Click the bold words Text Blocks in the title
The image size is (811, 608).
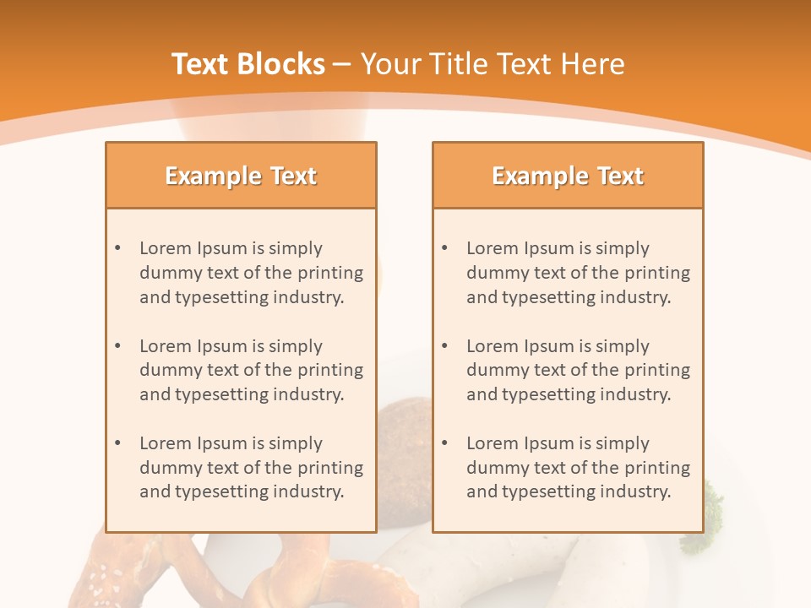[x=248, y=64]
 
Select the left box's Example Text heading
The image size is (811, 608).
[x=241, y=176]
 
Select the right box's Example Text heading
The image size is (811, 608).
[x=568, y=176]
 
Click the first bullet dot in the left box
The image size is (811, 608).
[x=117, y=248]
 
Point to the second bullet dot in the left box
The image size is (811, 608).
[x=117, y=346]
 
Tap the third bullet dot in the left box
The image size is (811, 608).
[x=117, y=443]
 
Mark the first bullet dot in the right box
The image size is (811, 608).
[x=444, y=248]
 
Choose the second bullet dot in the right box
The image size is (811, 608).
[x=444, y=346]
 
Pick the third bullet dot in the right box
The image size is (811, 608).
[x=444, y=443]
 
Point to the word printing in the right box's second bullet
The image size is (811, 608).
[x=657, y=370]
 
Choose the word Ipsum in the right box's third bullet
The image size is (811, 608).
[x=550, y=443]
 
